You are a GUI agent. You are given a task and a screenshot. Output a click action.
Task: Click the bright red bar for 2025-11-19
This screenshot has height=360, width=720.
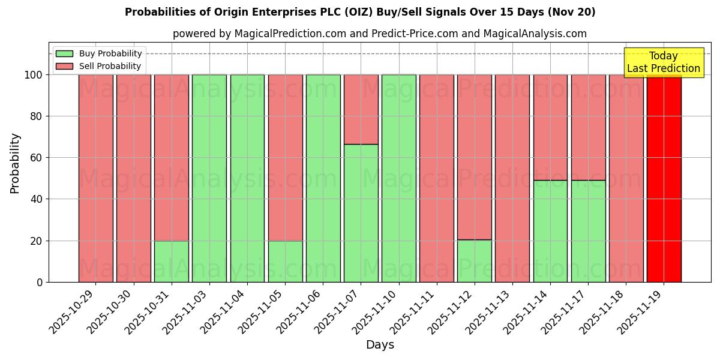tap(664, 178)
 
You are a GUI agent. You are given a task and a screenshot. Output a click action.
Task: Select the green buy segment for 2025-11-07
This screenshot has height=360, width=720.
tap(361, 213)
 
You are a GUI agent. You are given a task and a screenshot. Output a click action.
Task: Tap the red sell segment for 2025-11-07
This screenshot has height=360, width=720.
tap(361, 109)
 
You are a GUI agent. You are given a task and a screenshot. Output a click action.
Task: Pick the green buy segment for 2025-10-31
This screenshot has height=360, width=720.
tap(171, 261)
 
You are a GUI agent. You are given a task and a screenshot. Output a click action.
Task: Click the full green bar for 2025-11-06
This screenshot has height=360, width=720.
tap(323, 178)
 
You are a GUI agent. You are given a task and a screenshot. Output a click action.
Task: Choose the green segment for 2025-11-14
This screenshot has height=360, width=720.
tap(550, 231)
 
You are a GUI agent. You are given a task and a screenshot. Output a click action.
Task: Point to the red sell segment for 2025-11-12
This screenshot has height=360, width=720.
tap(474, 157)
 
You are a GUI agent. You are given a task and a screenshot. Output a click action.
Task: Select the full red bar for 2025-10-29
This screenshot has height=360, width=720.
tap(95, 178)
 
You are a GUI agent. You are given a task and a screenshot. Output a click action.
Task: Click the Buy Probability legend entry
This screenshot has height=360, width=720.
tap(110, 53)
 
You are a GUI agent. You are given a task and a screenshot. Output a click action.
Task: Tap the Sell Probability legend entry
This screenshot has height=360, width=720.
tap(110, 66)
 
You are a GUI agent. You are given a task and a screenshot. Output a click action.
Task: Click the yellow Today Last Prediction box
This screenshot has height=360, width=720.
tap(664, 62)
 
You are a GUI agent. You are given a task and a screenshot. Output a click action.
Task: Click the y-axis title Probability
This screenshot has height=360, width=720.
tap(15, 163)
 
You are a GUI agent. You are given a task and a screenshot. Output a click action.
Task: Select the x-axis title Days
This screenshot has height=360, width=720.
tap(380, 345)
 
